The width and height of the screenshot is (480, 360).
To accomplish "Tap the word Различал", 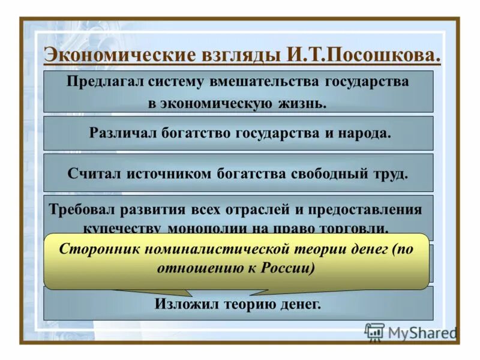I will coord(124,133).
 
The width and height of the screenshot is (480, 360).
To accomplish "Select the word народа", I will coord(367,133).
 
